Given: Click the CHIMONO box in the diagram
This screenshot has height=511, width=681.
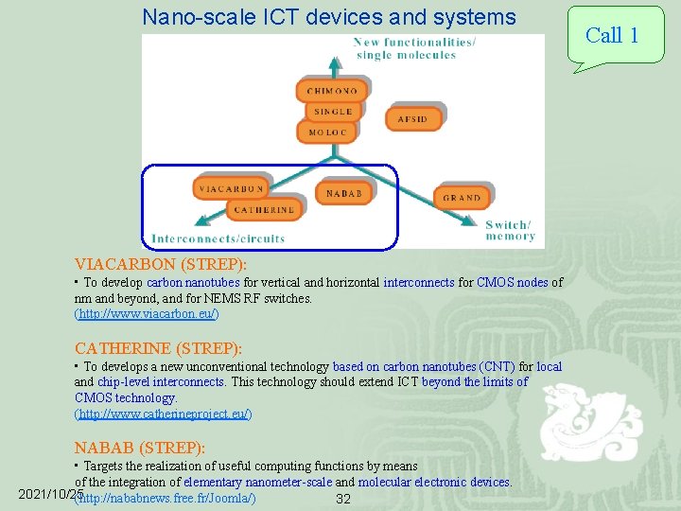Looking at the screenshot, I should (331, 91).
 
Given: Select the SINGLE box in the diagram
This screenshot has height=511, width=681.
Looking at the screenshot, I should (332, 112).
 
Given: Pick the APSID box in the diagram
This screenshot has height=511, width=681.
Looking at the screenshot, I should (412, 119).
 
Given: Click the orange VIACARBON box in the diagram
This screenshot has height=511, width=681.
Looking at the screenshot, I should (230, 188).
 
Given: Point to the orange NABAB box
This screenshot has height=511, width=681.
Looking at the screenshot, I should (343, 193).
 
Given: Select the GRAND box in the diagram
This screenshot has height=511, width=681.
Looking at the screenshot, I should (462, 197).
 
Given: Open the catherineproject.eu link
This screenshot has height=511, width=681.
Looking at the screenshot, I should (163, 414).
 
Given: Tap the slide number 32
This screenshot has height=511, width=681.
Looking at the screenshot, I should (343, 499).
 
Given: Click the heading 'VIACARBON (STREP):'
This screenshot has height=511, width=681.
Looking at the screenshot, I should (161, 265).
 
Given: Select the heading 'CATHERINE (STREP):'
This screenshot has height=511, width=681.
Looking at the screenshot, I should (158, 348).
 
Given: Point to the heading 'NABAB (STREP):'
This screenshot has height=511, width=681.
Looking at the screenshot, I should (140, 448).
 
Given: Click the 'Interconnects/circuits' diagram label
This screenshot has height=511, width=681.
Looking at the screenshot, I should (218, 238).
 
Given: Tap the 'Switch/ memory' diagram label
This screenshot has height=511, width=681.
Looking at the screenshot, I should (509, 230).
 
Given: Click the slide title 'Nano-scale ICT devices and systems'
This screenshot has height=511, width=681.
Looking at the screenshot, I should (329, 17).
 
